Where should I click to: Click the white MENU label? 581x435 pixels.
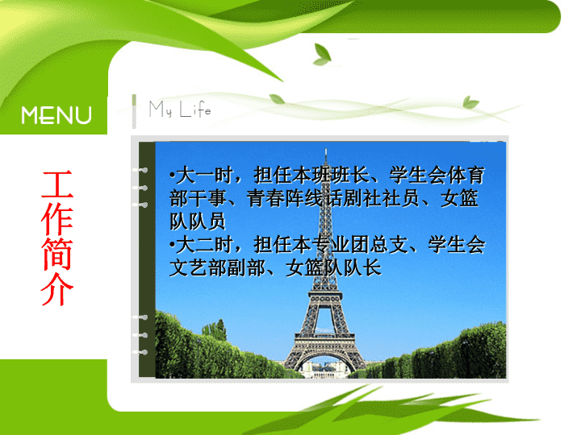56,115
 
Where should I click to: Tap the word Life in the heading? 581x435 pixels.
195,110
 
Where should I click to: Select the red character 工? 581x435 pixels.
56,184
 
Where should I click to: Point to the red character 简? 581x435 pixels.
56,254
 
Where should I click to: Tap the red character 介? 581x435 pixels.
56,289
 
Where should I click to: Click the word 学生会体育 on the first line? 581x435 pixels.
437,175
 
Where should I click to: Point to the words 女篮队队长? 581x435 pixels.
333,267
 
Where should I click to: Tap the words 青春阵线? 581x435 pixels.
285,198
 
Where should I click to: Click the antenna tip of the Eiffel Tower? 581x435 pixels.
326,149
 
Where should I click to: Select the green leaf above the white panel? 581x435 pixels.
322,55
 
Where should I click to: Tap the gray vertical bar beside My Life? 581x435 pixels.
134,111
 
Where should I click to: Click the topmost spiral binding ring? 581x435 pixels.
140,170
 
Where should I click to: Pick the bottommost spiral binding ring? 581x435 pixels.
140,352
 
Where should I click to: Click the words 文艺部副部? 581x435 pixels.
217,267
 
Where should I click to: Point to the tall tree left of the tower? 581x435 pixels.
220,330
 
